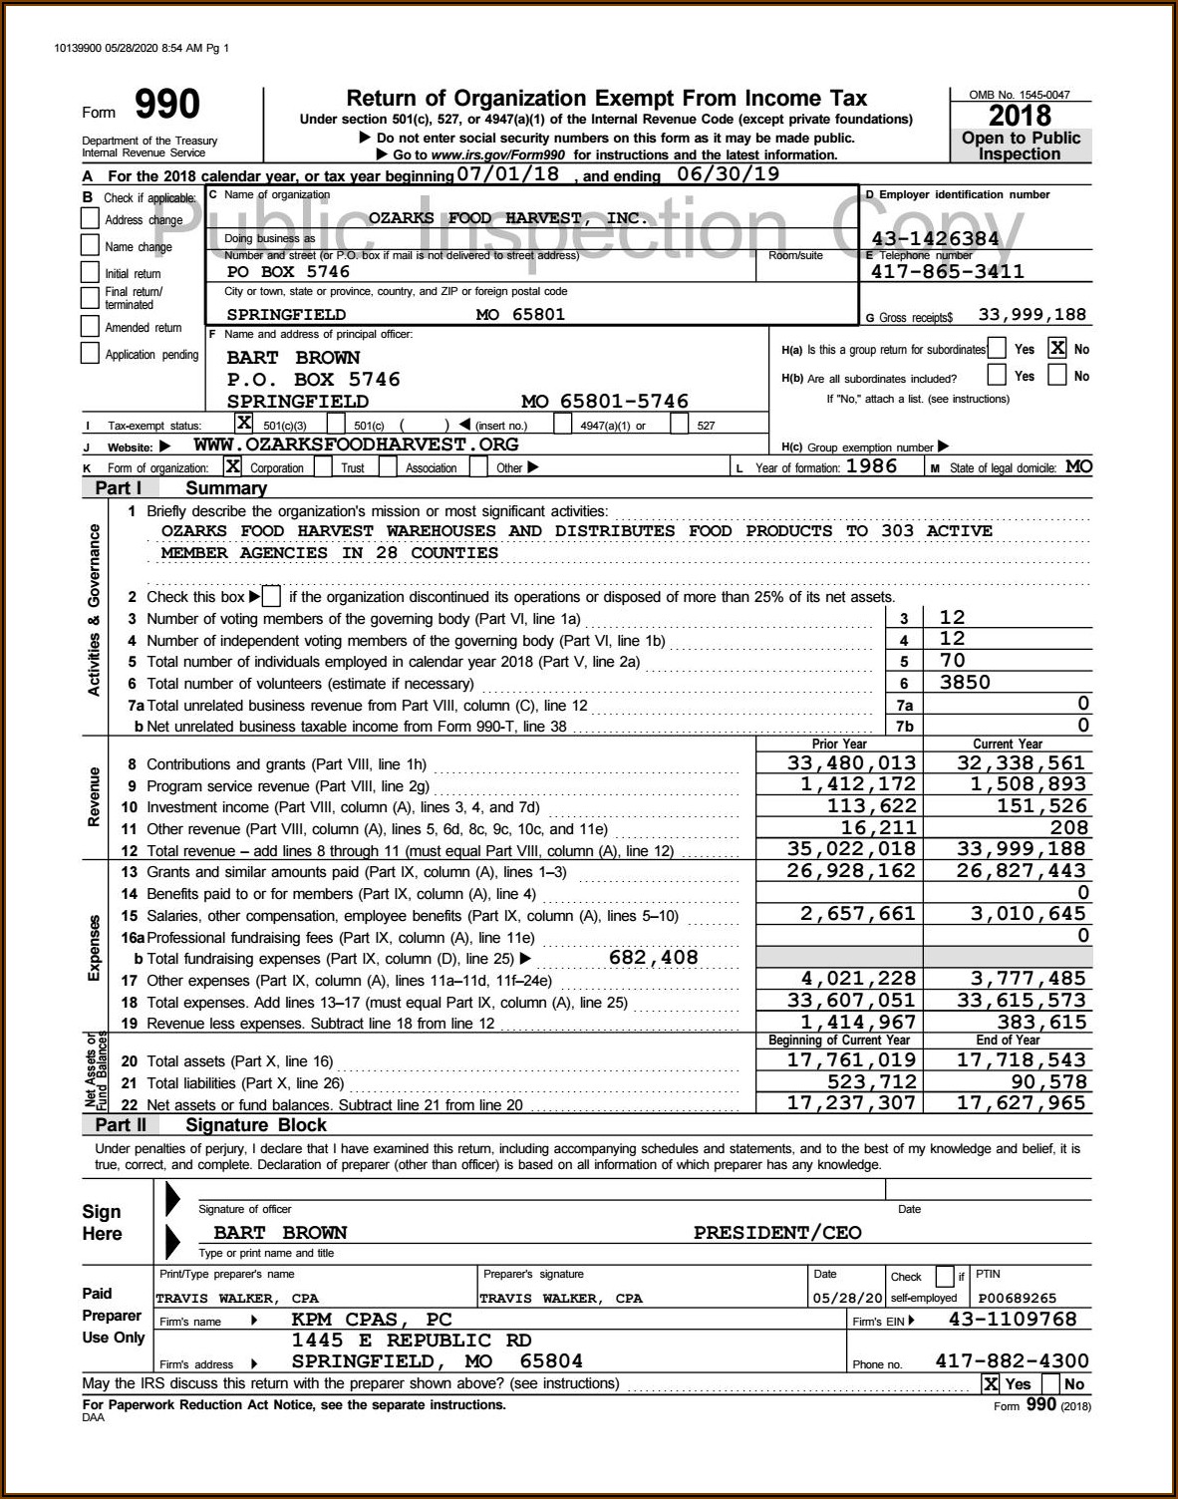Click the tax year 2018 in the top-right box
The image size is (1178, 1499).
click(x=1020, y=116)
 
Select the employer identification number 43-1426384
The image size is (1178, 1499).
click(x=935, y=238)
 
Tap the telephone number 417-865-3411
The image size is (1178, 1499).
click(x=947, y=271)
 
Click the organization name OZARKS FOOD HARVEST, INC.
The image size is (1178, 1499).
click(x=508, y=217)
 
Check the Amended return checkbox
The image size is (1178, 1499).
click(x=90, y=327)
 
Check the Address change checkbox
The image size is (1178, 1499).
click(x=90, y=219)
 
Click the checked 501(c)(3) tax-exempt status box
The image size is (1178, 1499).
click(x=242, y=424)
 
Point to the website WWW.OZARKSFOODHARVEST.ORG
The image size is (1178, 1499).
click(x=356, y=445)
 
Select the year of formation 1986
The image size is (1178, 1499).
click(x=871, y=466)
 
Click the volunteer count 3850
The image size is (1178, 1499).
click(x=965, y=683)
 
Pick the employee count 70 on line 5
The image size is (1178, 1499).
click(x=952, y=661)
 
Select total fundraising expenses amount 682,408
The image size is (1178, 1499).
click(x=653, y=958)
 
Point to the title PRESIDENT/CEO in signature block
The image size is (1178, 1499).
click(x=777, y=1233)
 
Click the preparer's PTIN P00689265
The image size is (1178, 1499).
click(x=1018, y=1298)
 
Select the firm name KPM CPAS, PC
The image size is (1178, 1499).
click(x=371, y=1320)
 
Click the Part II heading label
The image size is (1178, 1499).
click(x=120, y=1125)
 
